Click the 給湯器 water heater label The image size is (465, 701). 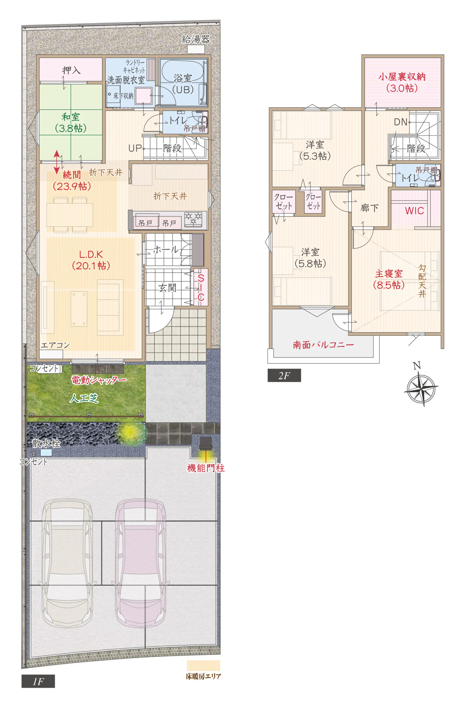pyautogui.click(x=196, y=39)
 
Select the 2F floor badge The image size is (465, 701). pyautogui.click(x=284, y=375)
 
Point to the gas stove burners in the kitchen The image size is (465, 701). pyautogui.click(x=193, y=219)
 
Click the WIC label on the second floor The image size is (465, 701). pyautogui.click(x=414, y=211)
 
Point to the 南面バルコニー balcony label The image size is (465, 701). pyautogui.click(x=323, y=345)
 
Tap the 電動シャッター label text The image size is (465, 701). pyautogui.click(x=99, y=380)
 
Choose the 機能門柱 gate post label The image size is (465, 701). pyautogui.click(x=206, y=468)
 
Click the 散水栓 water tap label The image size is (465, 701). pyautogui.click(x=47, y=443)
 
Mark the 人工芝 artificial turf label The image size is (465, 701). pyautogui.click(x=84, y=398)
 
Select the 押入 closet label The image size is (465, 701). pyautogui.click(x=71, y=70)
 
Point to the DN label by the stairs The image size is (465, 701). pyautogui.click(x=400, y=122)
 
